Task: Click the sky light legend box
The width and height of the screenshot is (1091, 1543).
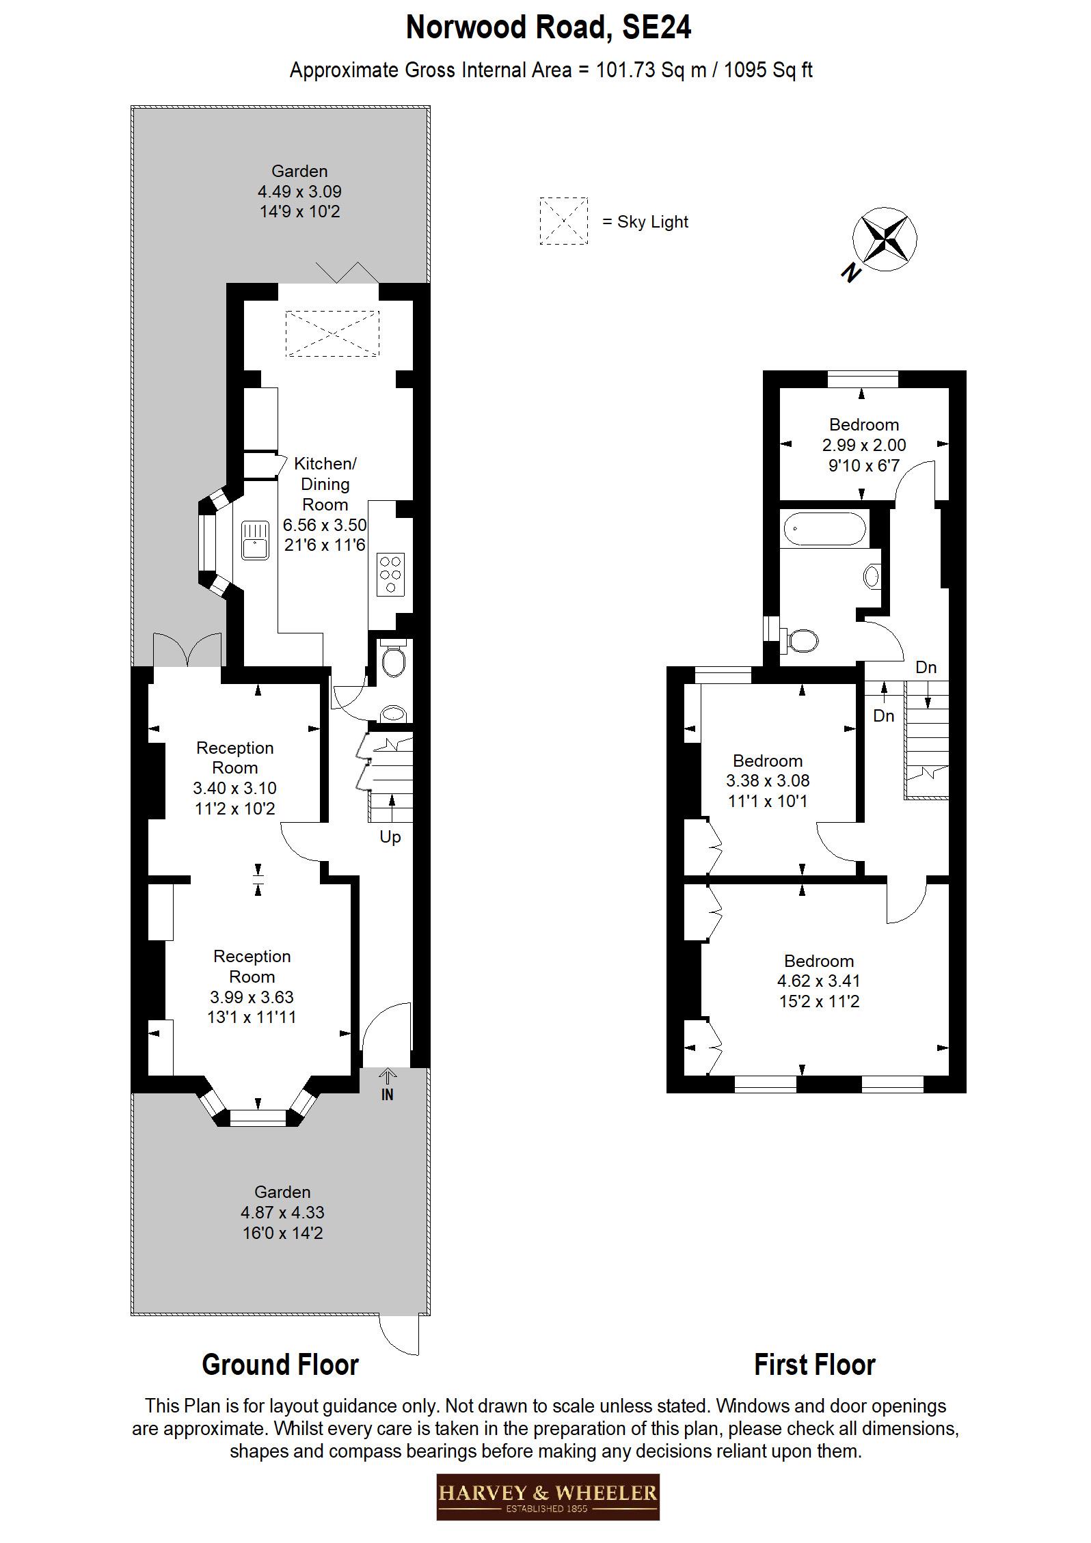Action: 563,221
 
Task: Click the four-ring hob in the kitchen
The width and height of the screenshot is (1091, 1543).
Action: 390,573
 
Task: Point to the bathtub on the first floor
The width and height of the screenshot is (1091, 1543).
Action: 824,528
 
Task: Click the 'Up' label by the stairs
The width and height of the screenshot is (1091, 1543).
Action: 390,837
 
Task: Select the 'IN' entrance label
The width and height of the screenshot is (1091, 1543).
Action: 387,1095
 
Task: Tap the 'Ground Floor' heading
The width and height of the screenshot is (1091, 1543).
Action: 280,1365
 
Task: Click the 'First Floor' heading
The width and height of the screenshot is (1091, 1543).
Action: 814,1365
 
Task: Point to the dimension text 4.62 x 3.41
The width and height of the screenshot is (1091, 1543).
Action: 818,981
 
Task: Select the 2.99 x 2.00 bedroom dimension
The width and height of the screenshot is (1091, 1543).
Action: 863,445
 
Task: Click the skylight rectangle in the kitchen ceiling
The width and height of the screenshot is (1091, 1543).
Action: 332,333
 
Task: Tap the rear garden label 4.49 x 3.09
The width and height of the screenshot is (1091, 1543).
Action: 299,191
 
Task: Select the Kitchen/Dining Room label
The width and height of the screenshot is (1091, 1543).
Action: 325,484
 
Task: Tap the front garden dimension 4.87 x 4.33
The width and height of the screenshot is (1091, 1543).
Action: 282,1212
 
